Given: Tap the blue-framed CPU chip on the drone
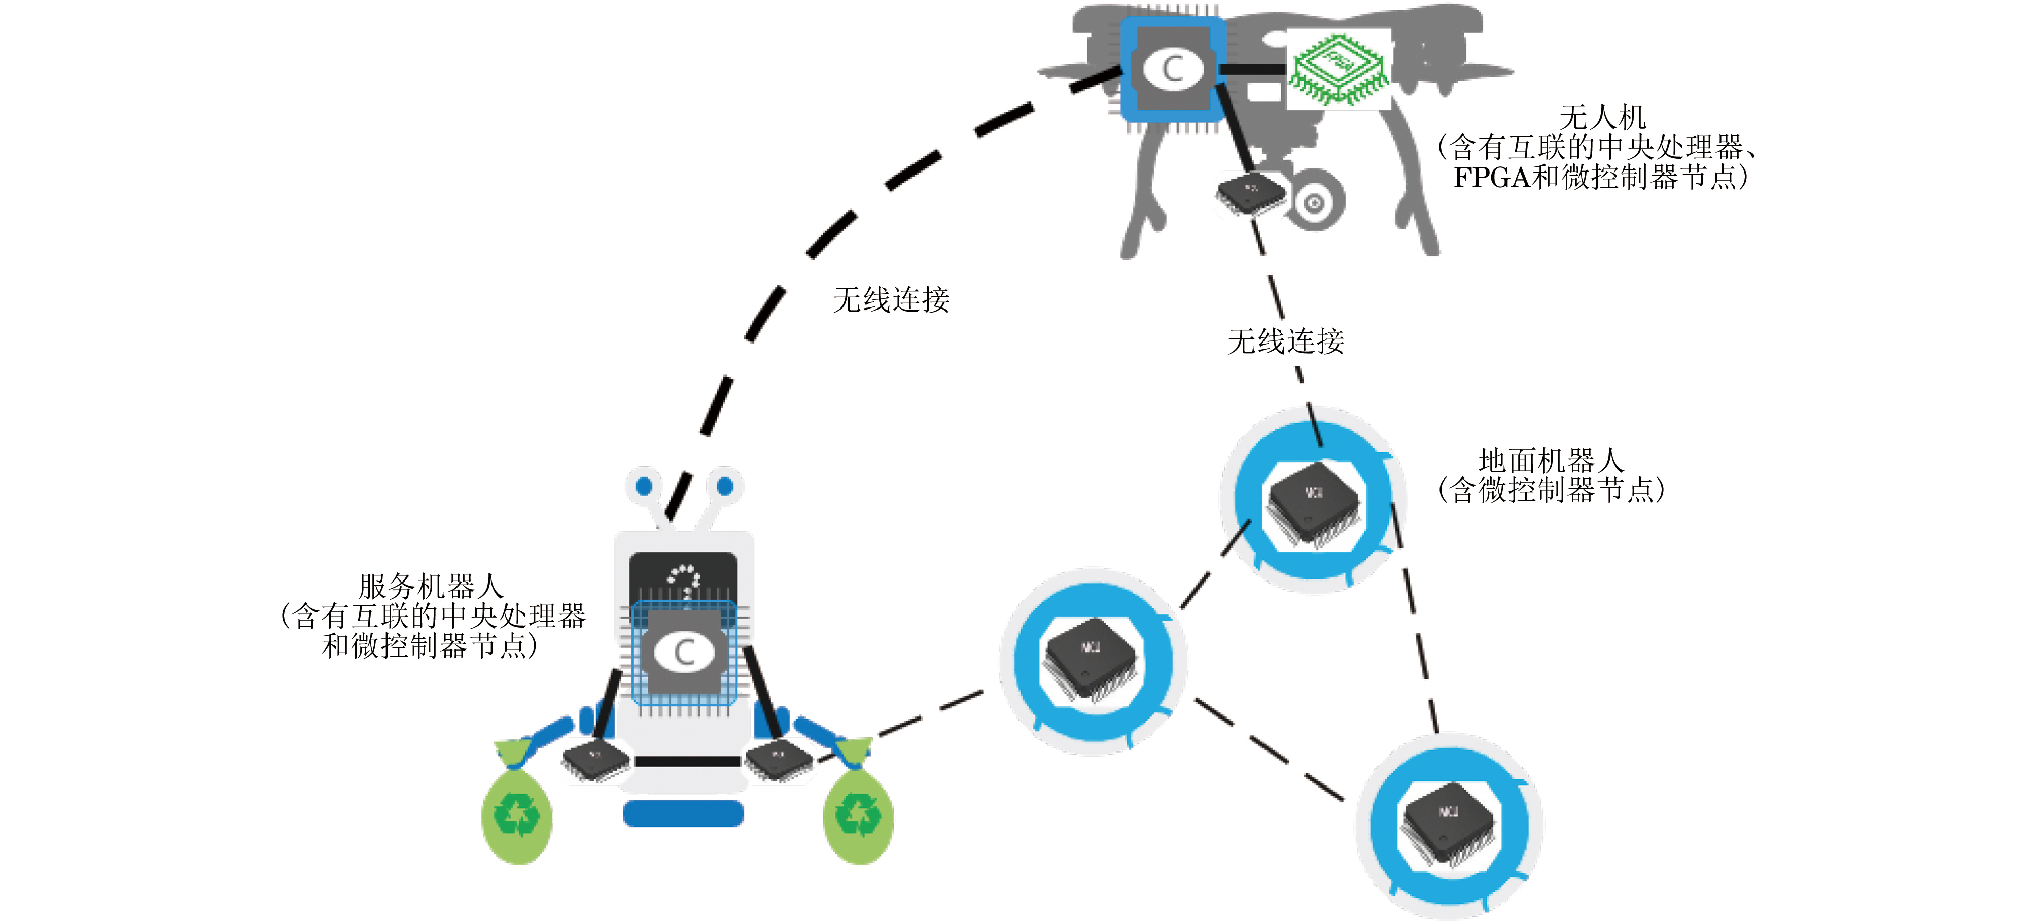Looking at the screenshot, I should [x=1173, y=69].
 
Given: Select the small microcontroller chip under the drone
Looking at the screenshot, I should [x=1249, y=194].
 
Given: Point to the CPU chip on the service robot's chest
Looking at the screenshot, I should [x=684, y=653].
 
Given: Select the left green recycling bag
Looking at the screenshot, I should [x=517, y=814].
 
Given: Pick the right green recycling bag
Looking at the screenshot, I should [x=858, y=814].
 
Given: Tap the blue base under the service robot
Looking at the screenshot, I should [x=683, y=813].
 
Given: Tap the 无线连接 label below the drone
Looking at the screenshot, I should [x=1286, y=341].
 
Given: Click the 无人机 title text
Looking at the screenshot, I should [x=1602, y=118].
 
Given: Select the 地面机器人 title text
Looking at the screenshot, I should [x=1550, y=460].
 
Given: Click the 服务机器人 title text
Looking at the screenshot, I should [x=431, y=587].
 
